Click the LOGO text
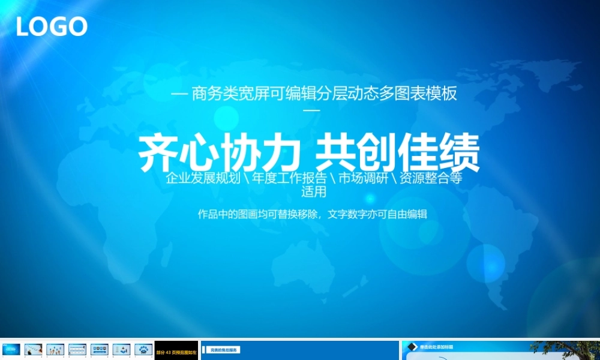point(52,26)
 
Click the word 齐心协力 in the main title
point(219,153)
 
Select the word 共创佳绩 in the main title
point(398,153)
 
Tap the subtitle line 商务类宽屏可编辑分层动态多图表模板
point(324,94)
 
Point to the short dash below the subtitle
point(313,110)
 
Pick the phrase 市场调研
point(363,178)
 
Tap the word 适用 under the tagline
point(314,192)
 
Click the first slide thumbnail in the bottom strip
point(11,349)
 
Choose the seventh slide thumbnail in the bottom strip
point(143,349)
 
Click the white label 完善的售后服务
point(224,349)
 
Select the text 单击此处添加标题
point(437,347)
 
